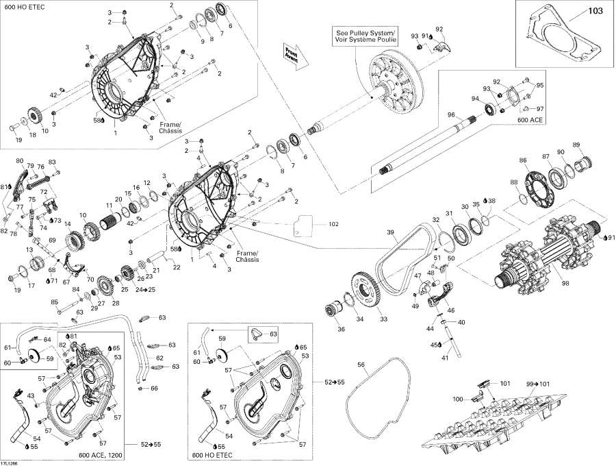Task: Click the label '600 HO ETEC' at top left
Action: (x=19, y=7)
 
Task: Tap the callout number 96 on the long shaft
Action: (x=452, y=114)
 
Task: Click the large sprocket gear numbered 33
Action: (x=373, y=291)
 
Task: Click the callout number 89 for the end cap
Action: (x=576, y=145)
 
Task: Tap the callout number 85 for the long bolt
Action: (x=54, y=302)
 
